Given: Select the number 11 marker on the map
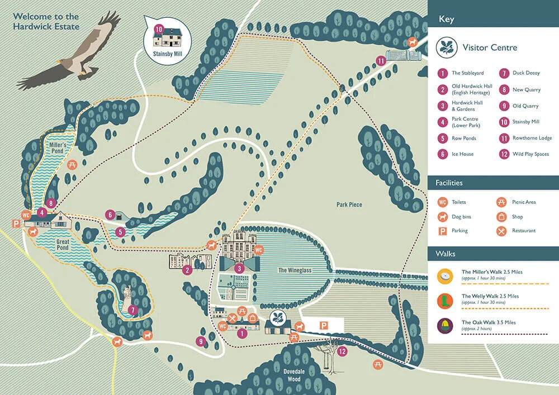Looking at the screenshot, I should click(x=381, y=60).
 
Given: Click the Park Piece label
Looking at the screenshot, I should click(x=349, y=204).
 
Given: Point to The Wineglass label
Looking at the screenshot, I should click(x=295, y=270).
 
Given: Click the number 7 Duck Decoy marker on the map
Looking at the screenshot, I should click(x=132, y=310).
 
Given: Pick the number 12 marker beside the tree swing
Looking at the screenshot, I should click(x=342, y=351).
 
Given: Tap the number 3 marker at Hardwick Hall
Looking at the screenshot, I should click(x=240, y=269).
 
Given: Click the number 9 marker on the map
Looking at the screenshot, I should click(x=201, y=341).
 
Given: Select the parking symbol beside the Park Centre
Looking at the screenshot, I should click(x=16, y=223).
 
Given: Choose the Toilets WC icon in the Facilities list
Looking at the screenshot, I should click(x=443, y=202).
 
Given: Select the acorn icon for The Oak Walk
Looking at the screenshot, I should click(x=446, y=326).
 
